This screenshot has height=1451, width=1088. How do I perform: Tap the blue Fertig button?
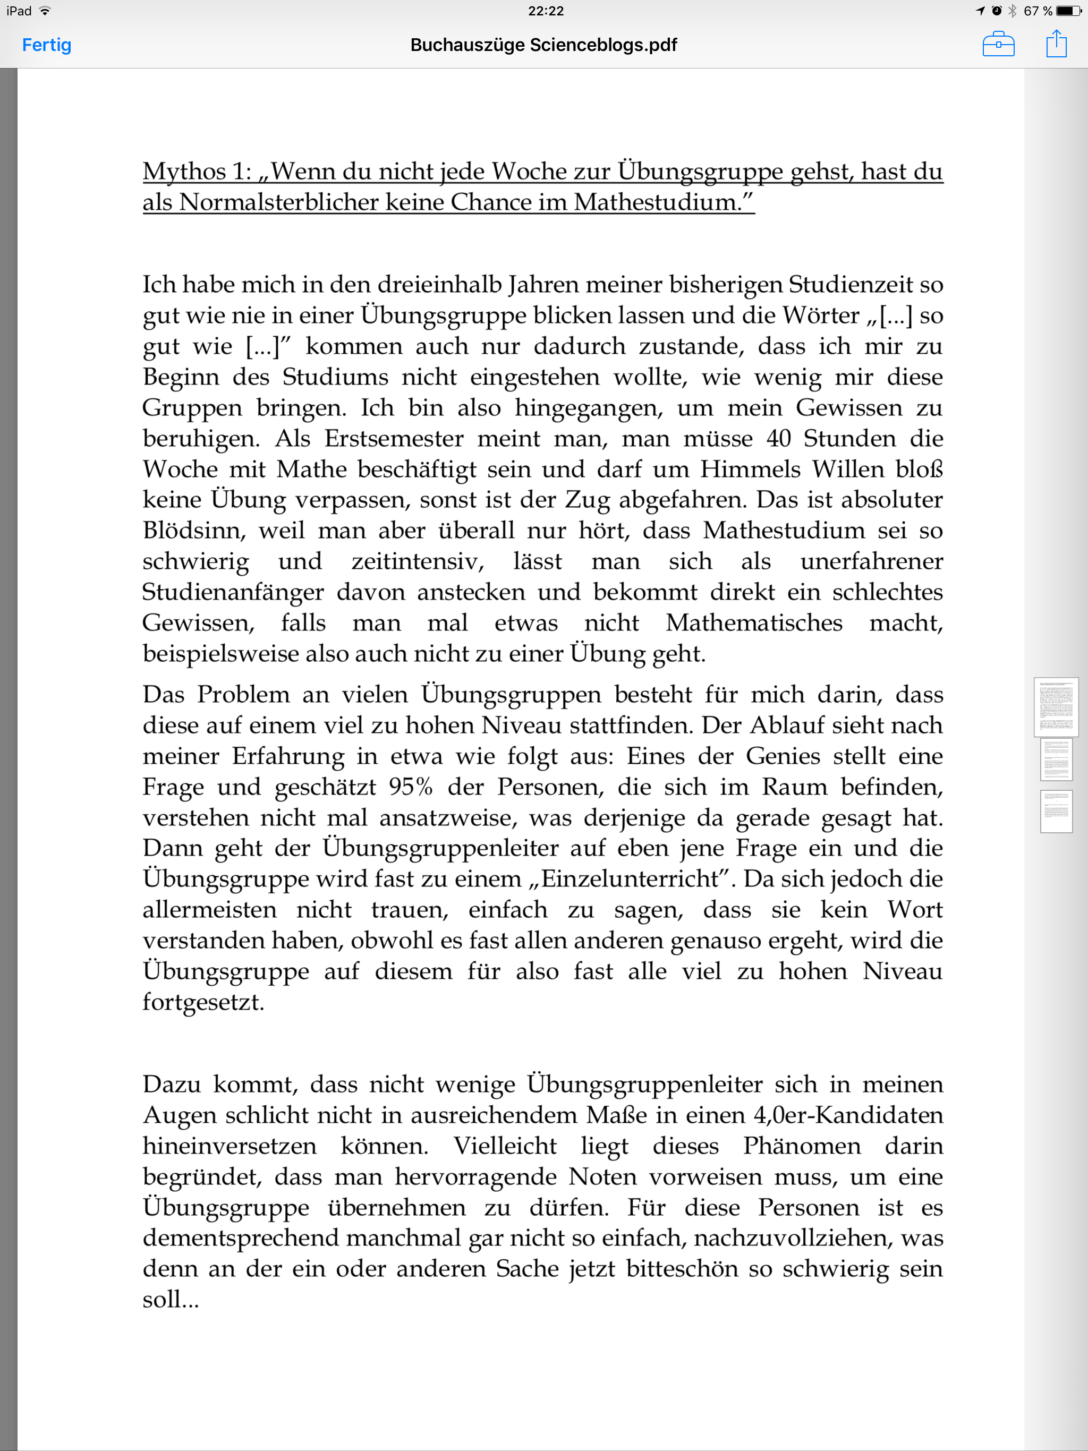[47, 45]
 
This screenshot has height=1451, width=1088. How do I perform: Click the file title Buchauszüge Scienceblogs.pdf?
[543, 45]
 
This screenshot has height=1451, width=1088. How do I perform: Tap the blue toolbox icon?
[998, 45]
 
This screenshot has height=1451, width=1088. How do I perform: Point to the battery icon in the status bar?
[1068, 11]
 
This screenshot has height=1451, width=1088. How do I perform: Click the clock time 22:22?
[545, 11]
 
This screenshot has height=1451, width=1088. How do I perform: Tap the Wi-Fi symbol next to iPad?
[45, 11]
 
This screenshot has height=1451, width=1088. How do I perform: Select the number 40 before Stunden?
[778, 439]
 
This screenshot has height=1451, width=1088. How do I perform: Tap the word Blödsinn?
[193, 531]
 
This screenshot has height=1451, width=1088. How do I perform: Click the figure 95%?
[410, 787]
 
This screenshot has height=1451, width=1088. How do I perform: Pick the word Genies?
[783, 756]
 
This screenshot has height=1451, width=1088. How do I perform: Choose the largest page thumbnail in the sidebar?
[1056, 707]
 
